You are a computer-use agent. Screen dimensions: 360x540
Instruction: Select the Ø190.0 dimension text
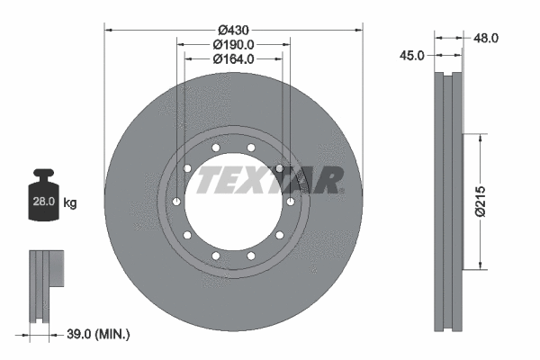point(233,44)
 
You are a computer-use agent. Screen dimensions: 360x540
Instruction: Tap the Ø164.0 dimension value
point(233,58)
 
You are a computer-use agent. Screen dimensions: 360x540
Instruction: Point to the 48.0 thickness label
point(486,38)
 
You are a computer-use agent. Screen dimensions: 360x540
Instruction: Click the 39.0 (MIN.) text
point(100,334)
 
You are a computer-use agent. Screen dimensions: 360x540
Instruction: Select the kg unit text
point(70,203)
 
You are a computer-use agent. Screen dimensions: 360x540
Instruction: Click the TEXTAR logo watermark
point(270,181)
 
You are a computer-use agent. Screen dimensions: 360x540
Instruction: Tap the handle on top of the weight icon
point(43,175)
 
